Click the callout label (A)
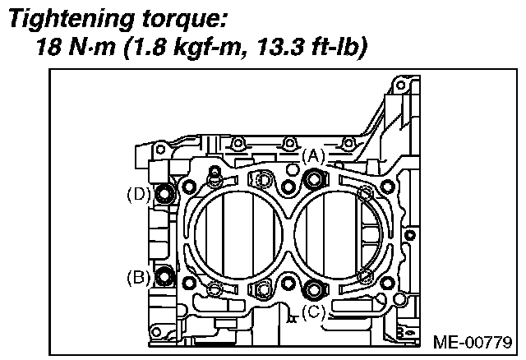(313, 155)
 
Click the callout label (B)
(138, 277)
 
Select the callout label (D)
(138, 195)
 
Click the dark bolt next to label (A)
(312, 179)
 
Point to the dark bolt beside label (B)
(164, 277)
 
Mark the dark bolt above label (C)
(312, 288)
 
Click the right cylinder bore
(337, 234)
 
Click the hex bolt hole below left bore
(263, 288)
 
